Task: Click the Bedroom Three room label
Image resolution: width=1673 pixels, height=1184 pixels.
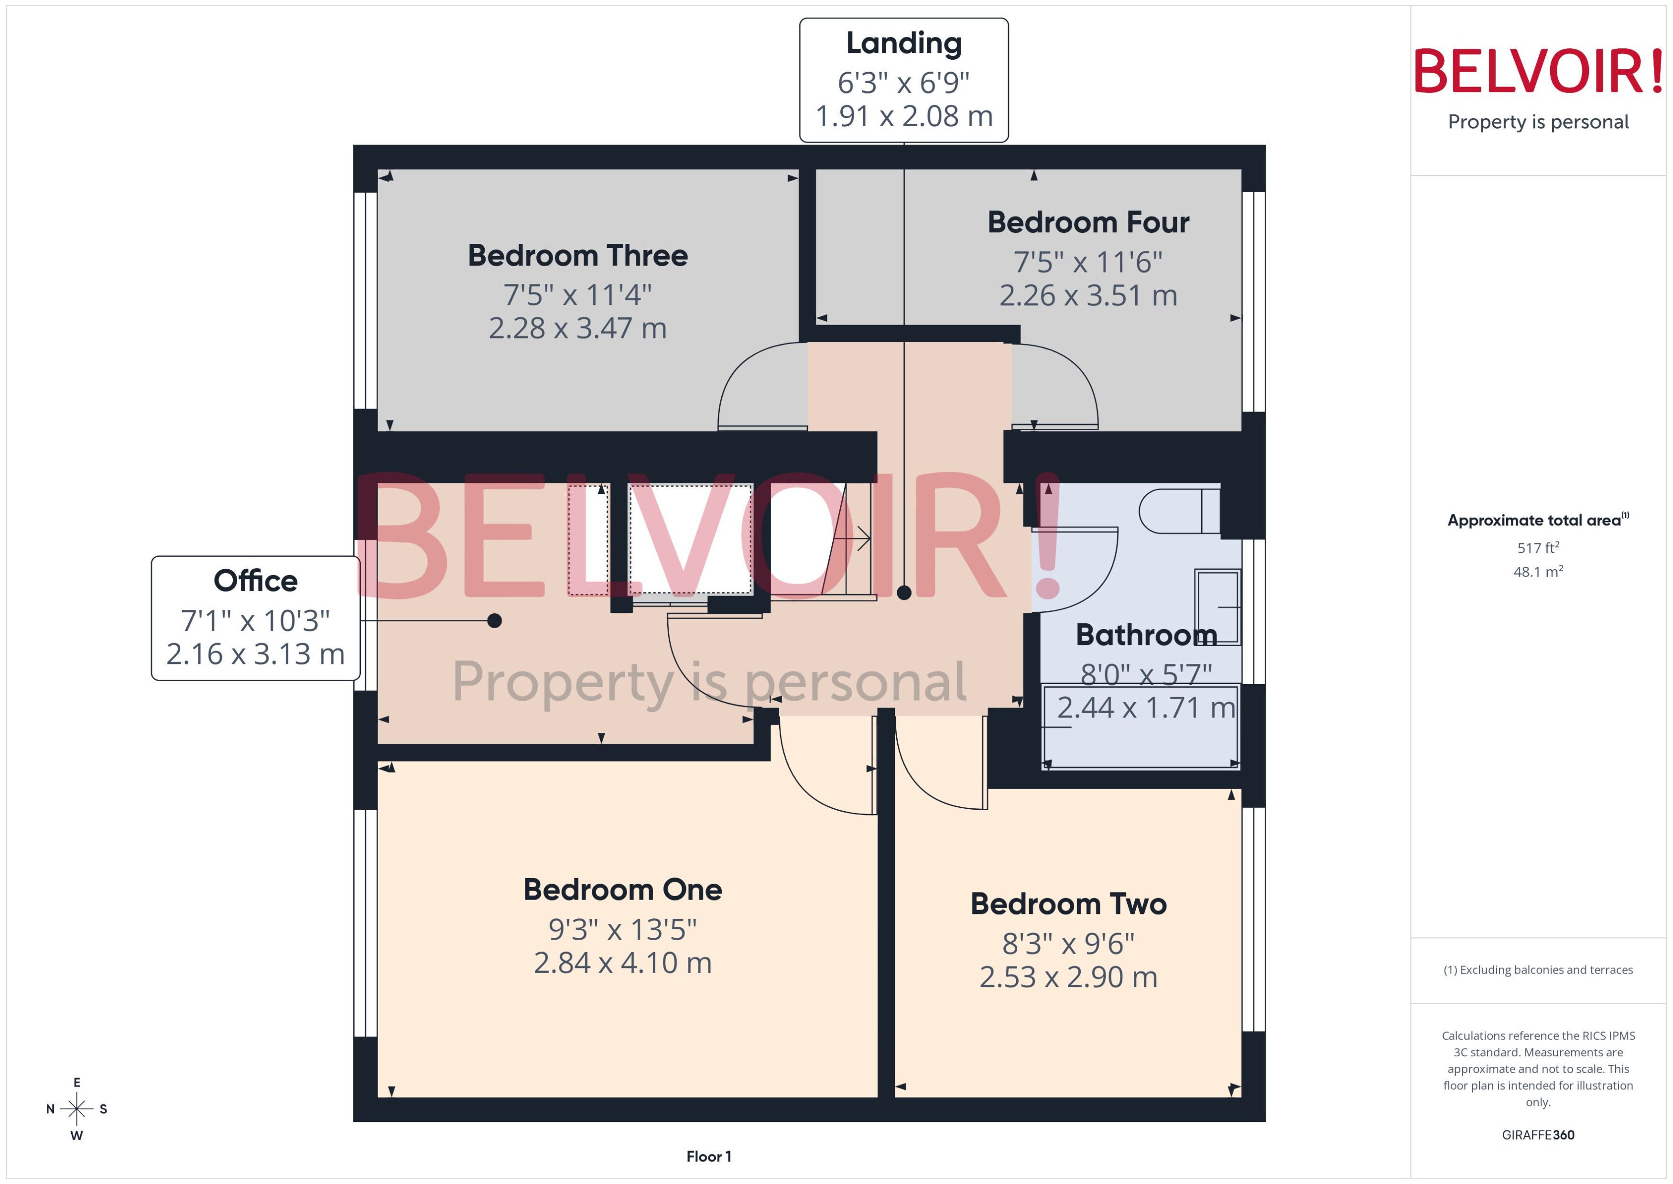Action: coord(577,255)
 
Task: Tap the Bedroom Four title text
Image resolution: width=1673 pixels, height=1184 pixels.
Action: coord(1087,222)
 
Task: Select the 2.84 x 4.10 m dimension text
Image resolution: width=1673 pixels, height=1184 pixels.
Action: coord(622,963)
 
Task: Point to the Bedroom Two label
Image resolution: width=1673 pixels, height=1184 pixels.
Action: coord(1068,903)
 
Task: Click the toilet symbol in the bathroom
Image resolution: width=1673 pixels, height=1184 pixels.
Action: coord(1177,511)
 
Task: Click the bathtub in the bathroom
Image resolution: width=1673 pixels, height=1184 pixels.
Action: coord(1141,726)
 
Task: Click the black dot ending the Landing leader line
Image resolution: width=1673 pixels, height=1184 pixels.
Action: coord(904,593)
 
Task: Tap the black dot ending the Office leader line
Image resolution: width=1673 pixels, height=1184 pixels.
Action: coord(494,620)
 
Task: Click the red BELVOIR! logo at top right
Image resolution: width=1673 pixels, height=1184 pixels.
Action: coord(1538,71)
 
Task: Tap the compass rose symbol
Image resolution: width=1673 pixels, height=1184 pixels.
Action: coord(76,1109)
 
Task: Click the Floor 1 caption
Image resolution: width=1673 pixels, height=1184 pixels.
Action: coord(708,1156)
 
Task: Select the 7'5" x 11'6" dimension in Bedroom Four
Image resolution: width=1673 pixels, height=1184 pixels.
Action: coord(1087,262)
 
